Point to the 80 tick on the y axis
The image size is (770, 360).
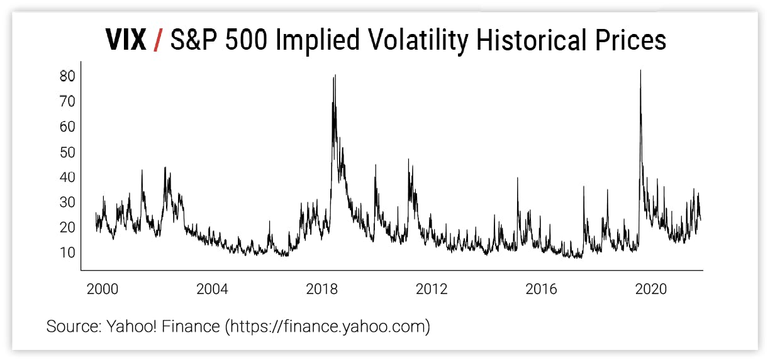[67, 76]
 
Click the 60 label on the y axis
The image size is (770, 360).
[67, 127]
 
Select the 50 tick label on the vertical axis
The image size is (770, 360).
[67, 152]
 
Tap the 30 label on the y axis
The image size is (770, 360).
[67, 202]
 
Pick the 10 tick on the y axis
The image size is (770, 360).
[67, 252]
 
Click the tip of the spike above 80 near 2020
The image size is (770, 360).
[640, 70]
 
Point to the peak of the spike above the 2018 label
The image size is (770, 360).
[335, 75]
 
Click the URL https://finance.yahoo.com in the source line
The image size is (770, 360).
[327, 327]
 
